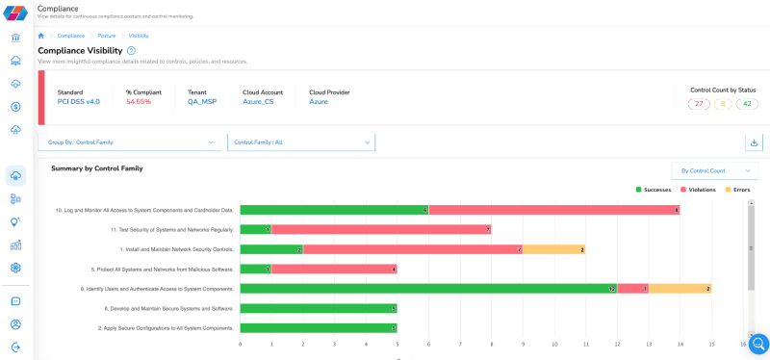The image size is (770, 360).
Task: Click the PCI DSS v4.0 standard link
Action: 78,101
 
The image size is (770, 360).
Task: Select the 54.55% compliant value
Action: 139,101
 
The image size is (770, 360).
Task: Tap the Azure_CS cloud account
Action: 258,101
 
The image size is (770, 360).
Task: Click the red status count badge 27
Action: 700,104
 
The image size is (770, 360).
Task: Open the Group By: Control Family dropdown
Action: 131,142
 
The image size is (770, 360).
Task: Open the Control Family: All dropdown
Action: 301,142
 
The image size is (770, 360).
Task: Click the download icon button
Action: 754,142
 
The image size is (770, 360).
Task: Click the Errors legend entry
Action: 737,190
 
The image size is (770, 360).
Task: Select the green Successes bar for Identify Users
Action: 428,288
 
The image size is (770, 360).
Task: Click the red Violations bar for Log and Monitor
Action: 554,209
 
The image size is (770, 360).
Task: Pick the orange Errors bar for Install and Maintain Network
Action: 553,248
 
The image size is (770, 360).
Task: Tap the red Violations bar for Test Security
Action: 381,229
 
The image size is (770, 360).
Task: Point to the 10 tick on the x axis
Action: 554,344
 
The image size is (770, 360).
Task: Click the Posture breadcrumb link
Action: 106,36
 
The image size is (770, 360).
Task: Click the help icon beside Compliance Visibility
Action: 131,50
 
